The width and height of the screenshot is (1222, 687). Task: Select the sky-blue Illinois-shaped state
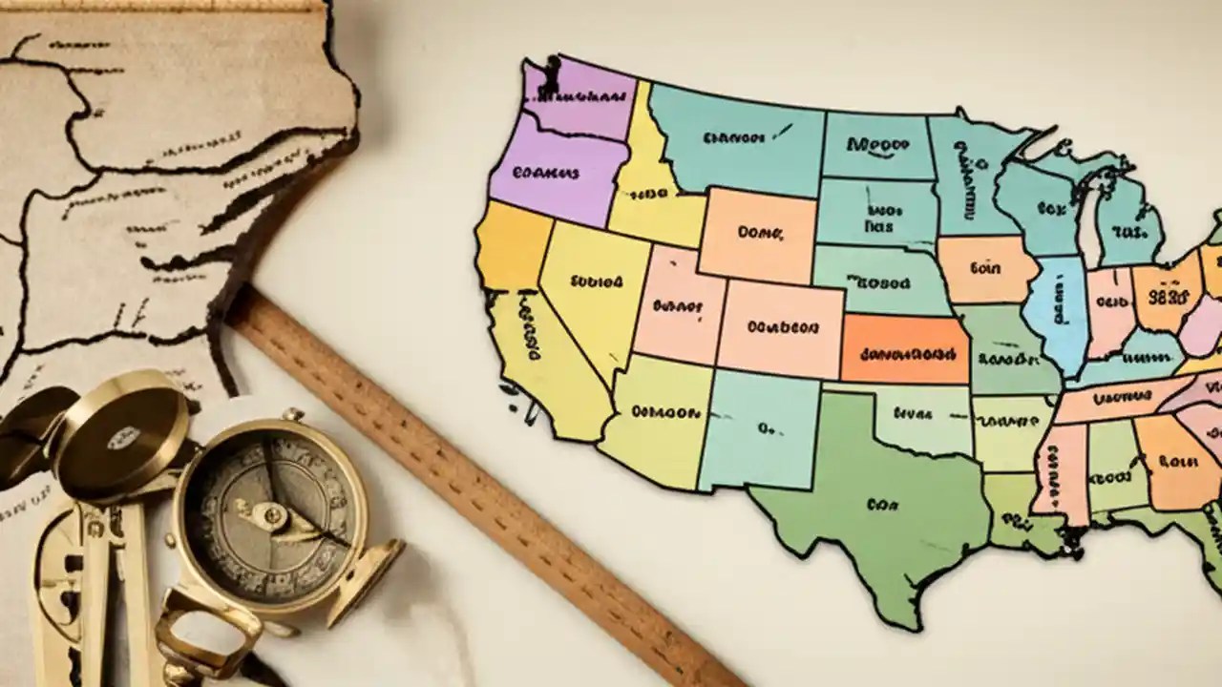[1057, 304]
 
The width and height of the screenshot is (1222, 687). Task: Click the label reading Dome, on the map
[760, 232]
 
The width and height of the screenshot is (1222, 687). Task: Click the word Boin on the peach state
[984, 268]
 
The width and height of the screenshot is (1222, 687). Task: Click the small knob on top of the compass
[293, 415]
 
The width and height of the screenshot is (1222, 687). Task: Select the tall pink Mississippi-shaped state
[1062, 472]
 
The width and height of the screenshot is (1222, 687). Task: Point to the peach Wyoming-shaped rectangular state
[757, 234]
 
